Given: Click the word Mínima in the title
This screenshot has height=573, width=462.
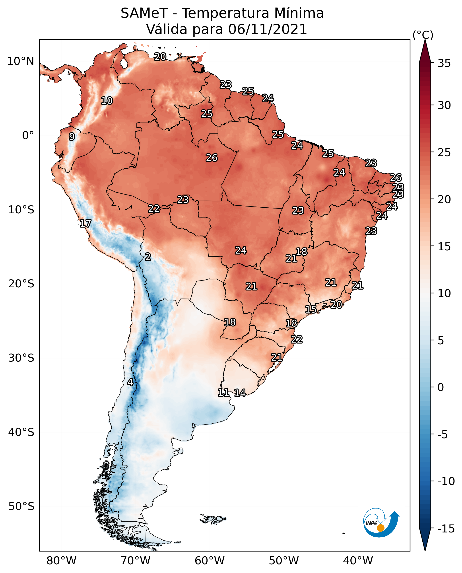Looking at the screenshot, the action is [x=299, y=13].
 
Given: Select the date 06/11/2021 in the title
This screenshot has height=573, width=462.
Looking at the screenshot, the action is [x=268, y=29].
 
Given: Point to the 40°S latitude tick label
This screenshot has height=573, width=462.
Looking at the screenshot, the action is [x=21, y=432].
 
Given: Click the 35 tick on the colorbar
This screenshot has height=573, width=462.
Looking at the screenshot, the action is [x=444, y=63].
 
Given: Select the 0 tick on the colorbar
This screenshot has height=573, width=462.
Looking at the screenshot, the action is [x=441, y=387].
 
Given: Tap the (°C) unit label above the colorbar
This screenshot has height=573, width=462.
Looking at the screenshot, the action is [x=423, y=35].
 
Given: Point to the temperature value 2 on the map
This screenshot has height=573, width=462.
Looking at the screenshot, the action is [x=148, y=257].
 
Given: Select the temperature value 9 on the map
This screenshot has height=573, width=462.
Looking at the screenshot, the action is [x=72, y=136].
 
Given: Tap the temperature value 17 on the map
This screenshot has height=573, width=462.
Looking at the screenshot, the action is [x=85, y=223].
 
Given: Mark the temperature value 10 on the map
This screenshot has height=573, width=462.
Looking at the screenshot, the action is [x=107, y=101].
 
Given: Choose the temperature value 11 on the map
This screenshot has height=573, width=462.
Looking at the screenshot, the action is [x=223, y=392].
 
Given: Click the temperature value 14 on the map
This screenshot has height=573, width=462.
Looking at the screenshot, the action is [x=240, y=393].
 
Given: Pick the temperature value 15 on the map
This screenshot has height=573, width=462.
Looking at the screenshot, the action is [x=311, y=309].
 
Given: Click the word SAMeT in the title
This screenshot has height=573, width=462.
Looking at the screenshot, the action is [x=144, y=13].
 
